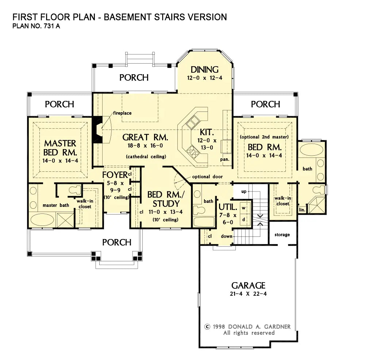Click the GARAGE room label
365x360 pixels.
[x=248, y=285]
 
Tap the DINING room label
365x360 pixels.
[x=205, y=69]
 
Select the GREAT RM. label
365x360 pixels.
[x=145, y=137]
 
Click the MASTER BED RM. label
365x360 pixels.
[x=60, y=147]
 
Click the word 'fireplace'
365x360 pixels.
[x=122, y=113]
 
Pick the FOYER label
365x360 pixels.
[x=115, y=174]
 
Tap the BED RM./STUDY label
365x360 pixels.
[x=164, y=199]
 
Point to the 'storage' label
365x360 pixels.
[x=282, y=235]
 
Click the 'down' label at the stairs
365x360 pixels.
[x=226, y=236]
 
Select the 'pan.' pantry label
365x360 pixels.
[x=225, y=159]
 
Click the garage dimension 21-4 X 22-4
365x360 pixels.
[x=248, y=294]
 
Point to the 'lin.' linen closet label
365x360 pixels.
[x=302, y=210]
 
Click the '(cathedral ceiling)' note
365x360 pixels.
[x=146, y=156]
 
